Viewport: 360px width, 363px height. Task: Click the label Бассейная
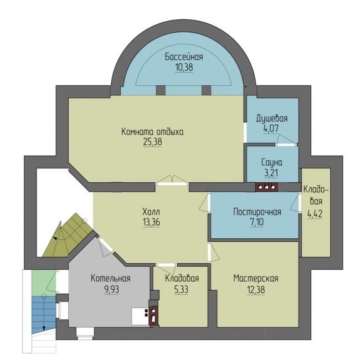[184, 57]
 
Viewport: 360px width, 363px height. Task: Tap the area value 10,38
[184, 68]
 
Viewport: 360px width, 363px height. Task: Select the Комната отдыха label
[152, 132]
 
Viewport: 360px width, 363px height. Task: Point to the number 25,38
[152, 142]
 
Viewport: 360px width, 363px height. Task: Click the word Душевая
[272, 119]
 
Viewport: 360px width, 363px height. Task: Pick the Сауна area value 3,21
[271, 173]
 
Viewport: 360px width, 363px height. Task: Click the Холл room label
[151, 212]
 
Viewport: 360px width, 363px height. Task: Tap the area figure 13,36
[151, 222]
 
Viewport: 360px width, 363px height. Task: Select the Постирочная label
[258, 212]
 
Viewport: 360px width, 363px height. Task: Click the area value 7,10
[256, 222]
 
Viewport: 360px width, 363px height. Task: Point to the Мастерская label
[256, 278]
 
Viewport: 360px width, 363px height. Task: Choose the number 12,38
[256, 289]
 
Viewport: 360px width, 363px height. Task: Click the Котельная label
[111, 278]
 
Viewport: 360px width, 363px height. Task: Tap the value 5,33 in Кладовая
[181, 289]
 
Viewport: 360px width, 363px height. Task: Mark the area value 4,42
[315, 214]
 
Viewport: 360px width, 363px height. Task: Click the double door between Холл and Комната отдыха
[172, 181]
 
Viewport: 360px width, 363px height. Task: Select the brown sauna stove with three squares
[267, 187]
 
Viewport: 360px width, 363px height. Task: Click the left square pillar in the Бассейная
[161, 90]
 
